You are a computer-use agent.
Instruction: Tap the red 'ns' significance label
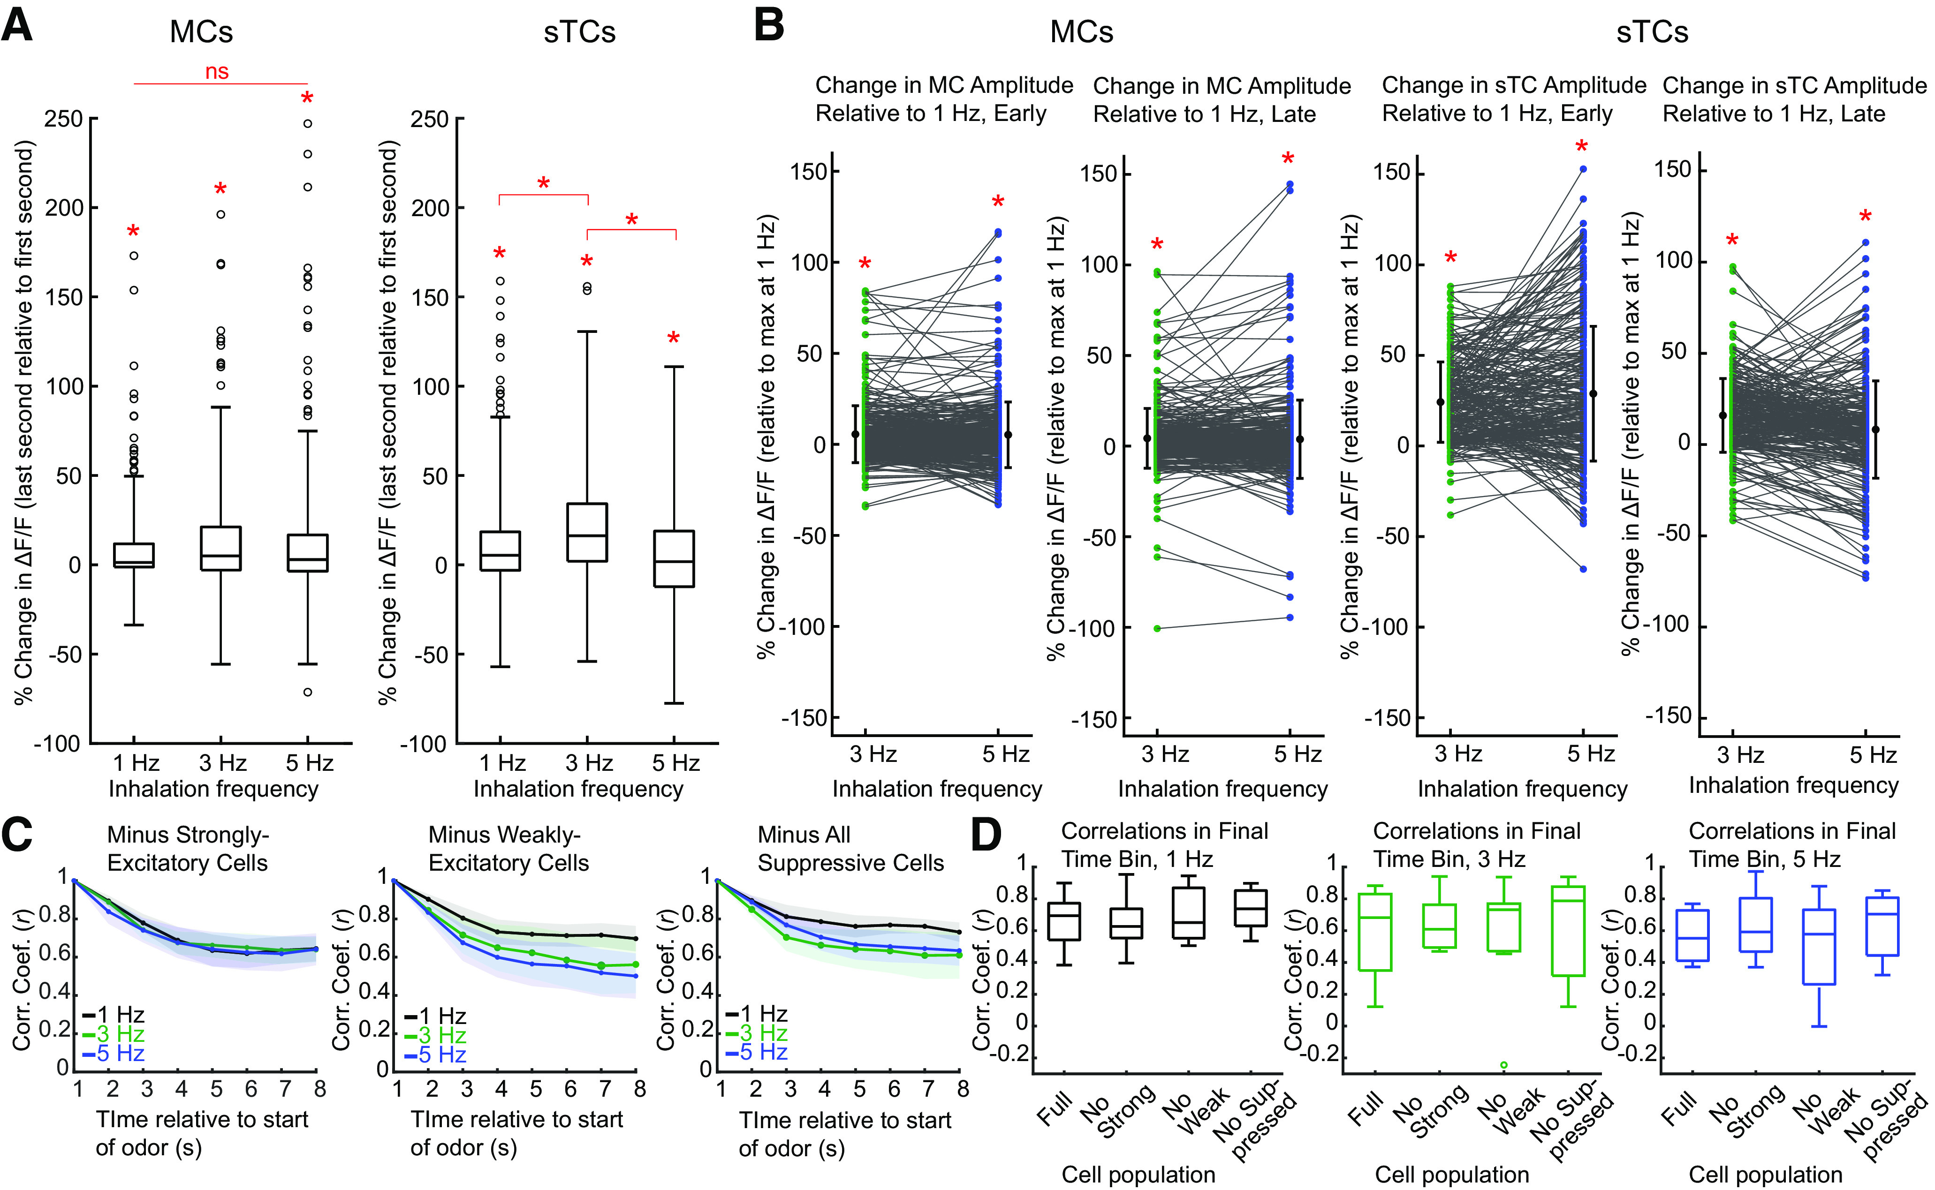tap(217, 72)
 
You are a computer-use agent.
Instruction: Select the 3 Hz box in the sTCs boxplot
tap(587, 532)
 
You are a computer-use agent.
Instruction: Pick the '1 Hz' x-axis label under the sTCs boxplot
tap(502, 763)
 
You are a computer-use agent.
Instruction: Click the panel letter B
tap(769, 25)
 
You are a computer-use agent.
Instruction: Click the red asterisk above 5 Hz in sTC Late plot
tap(1865, 217)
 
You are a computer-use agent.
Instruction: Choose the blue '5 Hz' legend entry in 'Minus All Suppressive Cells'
tap(757, 1052)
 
